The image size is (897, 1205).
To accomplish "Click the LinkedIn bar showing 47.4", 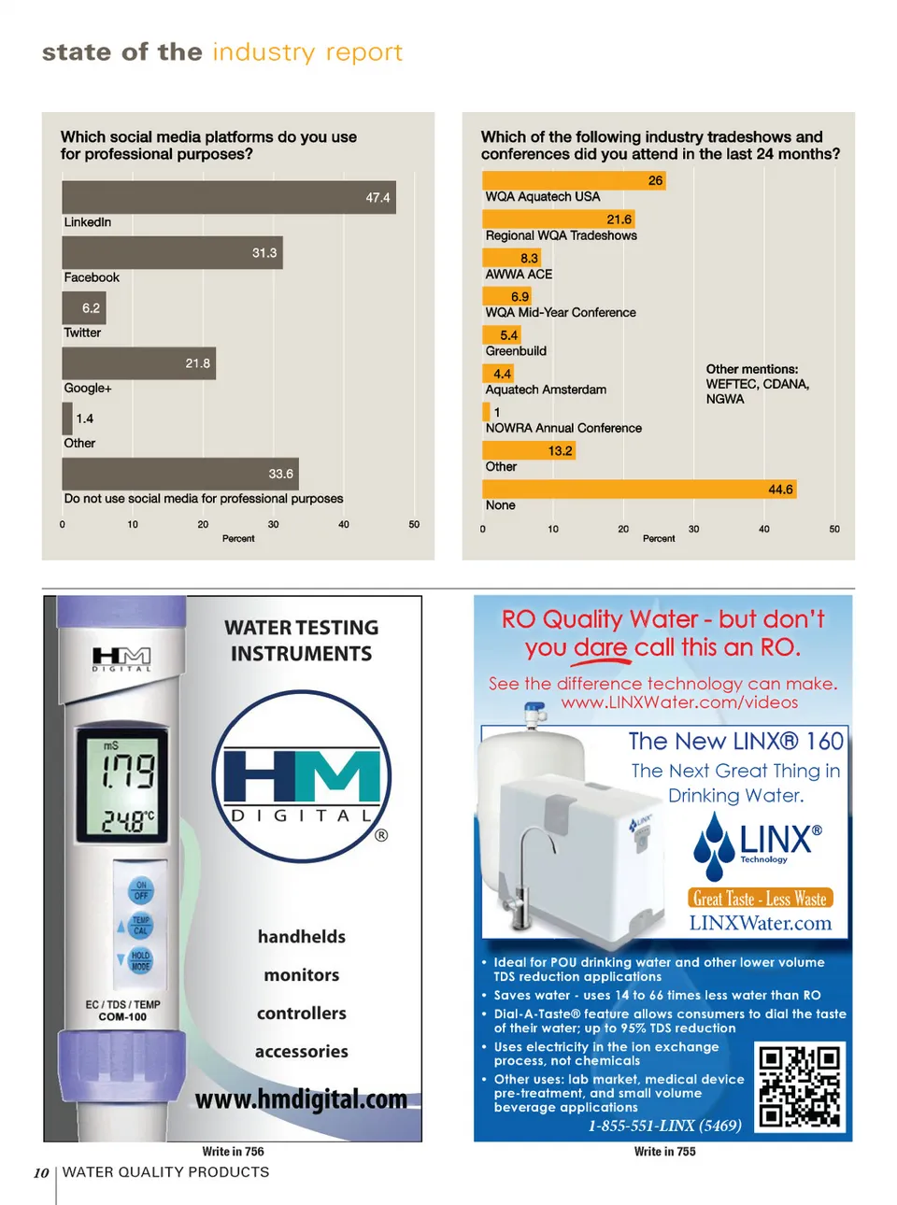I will (x=229, y=197).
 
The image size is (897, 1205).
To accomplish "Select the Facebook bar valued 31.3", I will (x=172, y=252).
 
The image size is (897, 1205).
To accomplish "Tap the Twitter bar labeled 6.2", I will (x=84, y=307).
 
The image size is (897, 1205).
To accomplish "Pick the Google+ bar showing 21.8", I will (x=138, y=363).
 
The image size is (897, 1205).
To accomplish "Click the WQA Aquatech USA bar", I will (x=574, y=180).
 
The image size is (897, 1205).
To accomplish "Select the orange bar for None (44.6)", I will (x=639, y=489).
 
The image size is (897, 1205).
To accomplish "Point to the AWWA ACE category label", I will (x=519, y=275).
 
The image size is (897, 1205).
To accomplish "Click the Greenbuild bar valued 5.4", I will (x=501, y=335).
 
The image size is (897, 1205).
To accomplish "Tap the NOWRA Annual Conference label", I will (x=563, y=428).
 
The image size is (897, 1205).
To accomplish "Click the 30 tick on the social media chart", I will (x=273, y=525).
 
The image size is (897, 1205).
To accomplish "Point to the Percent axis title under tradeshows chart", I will (x=659, y=539).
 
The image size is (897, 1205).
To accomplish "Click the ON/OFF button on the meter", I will (x=140, y=889).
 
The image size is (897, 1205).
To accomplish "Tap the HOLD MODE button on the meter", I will (x=140, y=961).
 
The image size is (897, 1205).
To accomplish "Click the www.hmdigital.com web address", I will (x=301, y=1099).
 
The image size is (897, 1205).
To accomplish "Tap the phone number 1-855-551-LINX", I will (x=664, y=1126).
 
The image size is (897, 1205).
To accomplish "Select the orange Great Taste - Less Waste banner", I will (x=760, y=899).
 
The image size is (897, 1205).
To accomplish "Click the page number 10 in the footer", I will (x=41, y=1173).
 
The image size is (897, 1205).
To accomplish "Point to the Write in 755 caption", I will (x=664, y=1152).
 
